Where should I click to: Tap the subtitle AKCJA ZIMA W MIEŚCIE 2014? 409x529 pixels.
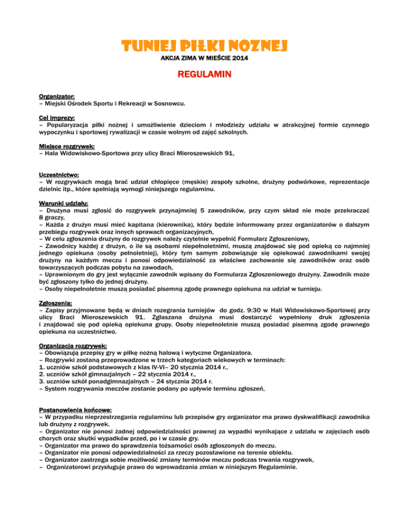[x=204, y=57]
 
